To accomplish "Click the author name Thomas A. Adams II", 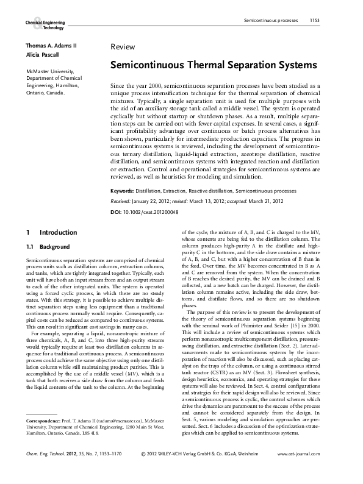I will tap(51, 46).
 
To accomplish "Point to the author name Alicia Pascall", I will tap(42, 54).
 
